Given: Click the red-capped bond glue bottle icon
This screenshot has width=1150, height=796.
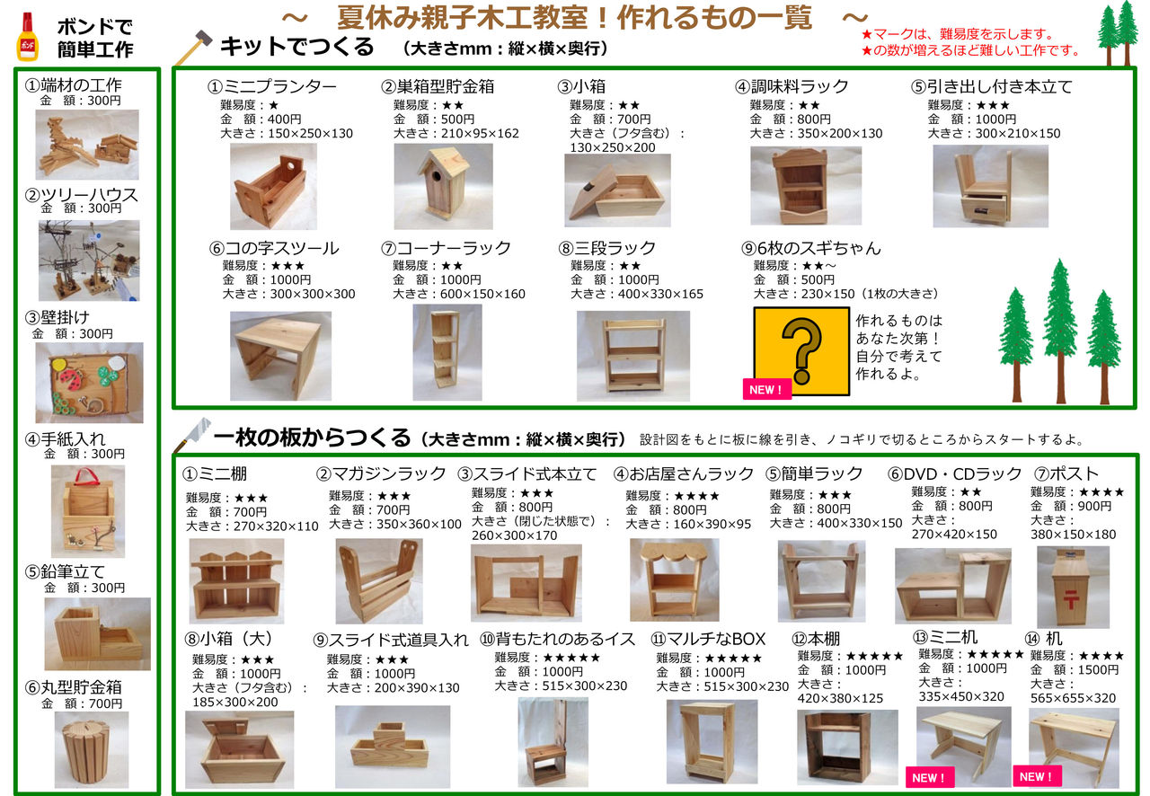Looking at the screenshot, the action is pyautogui.click(x=28, y=37).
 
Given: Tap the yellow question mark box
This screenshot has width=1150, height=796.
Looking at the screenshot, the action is pyautogui.click(x=801, y=351).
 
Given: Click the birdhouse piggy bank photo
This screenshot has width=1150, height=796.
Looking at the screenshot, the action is pyautogui.click(x=443, y=186).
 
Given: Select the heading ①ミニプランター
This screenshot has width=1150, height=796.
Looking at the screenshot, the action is pyautogui.click(x=271, y=86).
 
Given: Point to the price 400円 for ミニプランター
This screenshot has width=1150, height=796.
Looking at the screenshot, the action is pyautogui.click(x=285, y=119).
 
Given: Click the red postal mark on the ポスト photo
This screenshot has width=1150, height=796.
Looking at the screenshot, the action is pyautogui.click(x=1070, y=599).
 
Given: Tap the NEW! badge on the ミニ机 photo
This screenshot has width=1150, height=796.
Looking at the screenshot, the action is pyautogui.click(x=930, y=777).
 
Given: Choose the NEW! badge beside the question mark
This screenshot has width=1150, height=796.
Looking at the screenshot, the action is pyautogui.click(x=766, y=389).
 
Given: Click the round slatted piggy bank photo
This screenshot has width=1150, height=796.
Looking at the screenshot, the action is pyautogui.click(x=92, y=749).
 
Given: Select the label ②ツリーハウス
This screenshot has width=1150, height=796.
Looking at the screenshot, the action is pyautogui.click(x=82, y=195).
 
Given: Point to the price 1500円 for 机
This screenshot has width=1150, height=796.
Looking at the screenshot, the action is pyautogui.click(x=1098, y=669).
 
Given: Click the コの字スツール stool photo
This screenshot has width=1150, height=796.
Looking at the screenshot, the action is pyautogui.click(x=280, y=356).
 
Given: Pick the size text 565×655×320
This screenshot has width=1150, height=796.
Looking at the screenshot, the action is pyautogui.click(x=1073, y=698).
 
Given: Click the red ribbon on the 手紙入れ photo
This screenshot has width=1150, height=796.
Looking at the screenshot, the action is pyautogui.click(x=87, y=476).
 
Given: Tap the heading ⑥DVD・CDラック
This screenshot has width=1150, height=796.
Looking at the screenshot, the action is pyautogui.click(x=954, y=473).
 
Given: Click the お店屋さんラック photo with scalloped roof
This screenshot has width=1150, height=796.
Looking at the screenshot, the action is pyautogui.click(x=674, y=579).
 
